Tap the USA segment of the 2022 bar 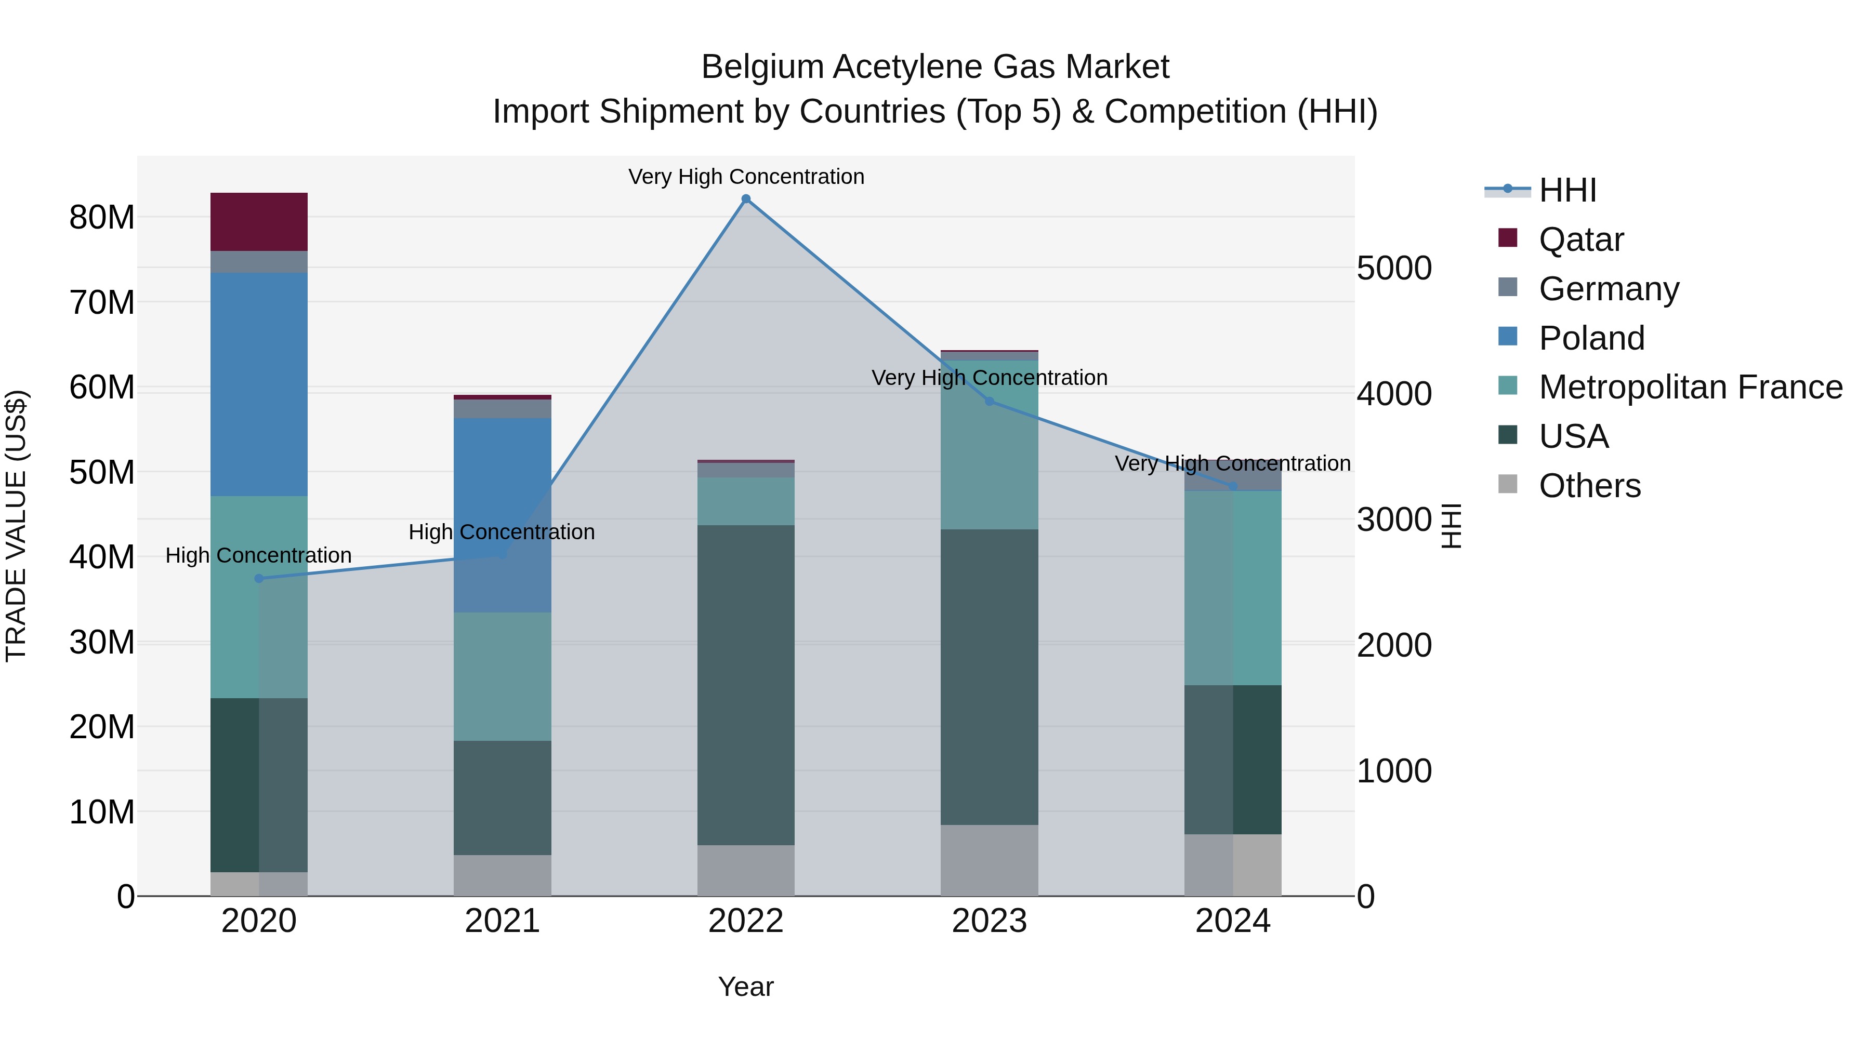(x=745, y=685)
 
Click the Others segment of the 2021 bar (x=502, y=875)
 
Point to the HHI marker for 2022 (x=746, y=199)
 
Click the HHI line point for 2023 (x=989, y=402)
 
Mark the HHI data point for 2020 (x=259, y=579)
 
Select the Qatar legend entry (x=1580, y=239)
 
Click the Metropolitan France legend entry (x=1690, y=387)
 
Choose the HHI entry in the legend (x=1567, y=190)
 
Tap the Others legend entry (x=1589, y=486)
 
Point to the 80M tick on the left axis (x=102, y=217)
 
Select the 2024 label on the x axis (x=1233, y=921)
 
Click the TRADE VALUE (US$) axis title (x=16, y=526)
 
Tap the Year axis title (x=746, y=987)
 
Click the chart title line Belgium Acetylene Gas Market (x=935, y=67)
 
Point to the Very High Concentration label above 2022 (x=746, y=177)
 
